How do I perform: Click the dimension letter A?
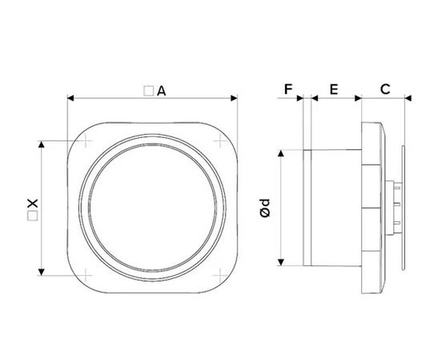[x=162, y=91]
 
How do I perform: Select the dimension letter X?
[x=33, y=203]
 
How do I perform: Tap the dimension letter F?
[x=288, y=89]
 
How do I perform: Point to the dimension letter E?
[x=334, y=89]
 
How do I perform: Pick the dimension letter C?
[x=385, y=89]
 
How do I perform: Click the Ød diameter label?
[x=265, y=208]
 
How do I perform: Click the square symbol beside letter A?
[x=148, y=91]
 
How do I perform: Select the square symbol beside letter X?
[x=33, y=216]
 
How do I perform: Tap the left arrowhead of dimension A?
[x=70, y=98]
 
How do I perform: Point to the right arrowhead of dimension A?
[x=234, y=98]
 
